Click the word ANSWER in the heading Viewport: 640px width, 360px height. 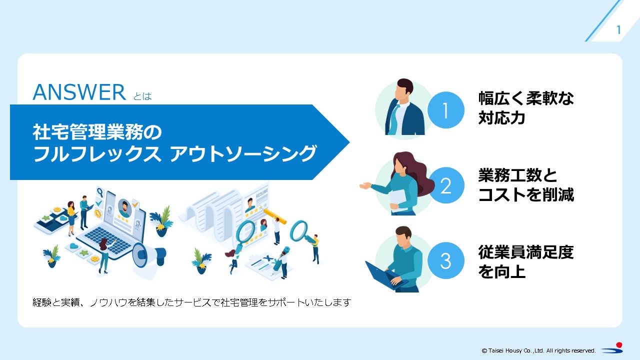(x=79, y=92)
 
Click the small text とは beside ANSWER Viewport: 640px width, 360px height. (x=142, y=96)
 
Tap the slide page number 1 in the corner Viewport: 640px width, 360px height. (x=618, y=30)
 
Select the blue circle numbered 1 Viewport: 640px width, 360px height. (x=445, y=111)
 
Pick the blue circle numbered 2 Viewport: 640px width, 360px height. (x=445, y=186)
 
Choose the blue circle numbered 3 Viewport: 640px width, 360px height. (x=445, y=261)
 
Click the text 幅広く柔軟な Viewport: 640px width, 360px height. (x=526, y=98)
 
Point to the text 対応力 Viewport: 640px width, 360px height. (x=501, y=118)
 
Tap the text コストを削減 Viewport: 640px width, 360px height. (x=526, y=195)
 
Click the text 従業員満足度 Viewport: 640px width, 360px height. (x=526, y=252)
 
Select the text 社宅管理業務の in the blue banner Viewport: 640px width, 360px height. (x=97, y=133)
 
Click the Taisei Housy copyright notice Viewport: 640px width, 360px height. (x=538, y=350)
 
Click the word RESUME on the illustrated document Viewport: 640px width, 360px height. (x=261, y=190)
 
